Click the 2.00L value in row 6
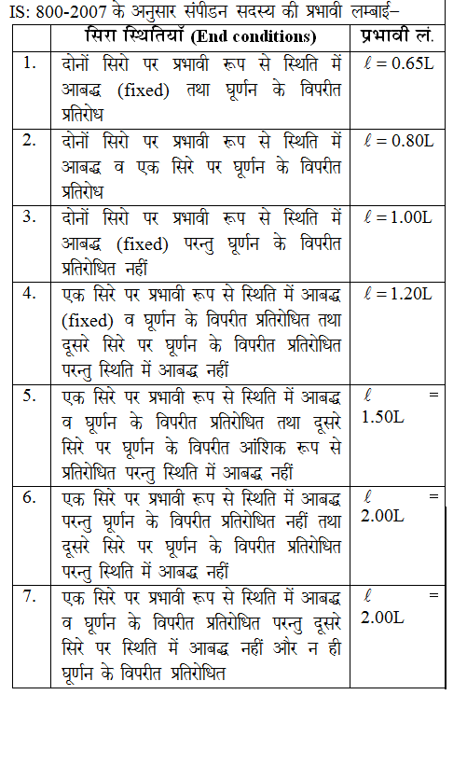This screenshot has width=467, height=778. [x=382, y=517]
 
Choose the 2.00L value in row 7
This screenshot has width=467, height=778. [x=382, y=618]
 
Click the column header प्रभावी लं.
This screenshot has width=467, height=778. [x=395, y=37]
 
